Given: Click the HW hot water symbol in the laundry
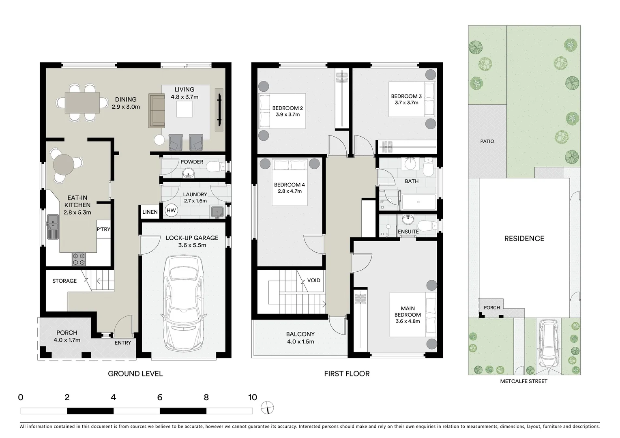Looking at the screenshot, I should coord(171,210).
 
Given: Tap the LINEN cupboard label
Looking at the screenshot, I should coord(150,212).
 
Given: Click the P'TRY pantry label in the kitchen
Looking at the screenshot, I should coord(103,230).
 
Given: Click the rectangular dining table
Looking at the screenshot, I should coord(82,103).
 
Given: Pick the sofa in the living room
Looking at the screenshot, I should coord(157,111).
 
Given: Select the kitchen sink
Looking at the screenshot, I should coord(53,226).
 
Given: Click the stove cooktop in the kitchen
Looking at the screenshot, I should coord(79,259).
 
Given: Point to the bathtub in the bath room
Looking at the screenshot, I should coord(418,202).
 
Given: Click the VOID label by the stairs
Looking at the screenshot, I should coord(313,280).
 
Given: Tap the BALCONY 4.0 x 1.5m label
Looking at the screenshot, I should coord(300,338).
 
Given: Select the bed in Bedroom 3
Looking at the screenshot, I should coord(412,99).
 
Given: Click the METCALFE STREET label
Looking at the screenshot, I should coord(523,381).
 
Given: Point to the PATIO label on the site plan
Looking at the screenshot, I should coord(487,141).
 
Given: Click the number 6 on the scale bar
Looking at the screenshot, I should coord(160,397).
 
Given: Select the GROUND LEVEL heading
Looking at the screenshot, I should coord(135,374).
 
